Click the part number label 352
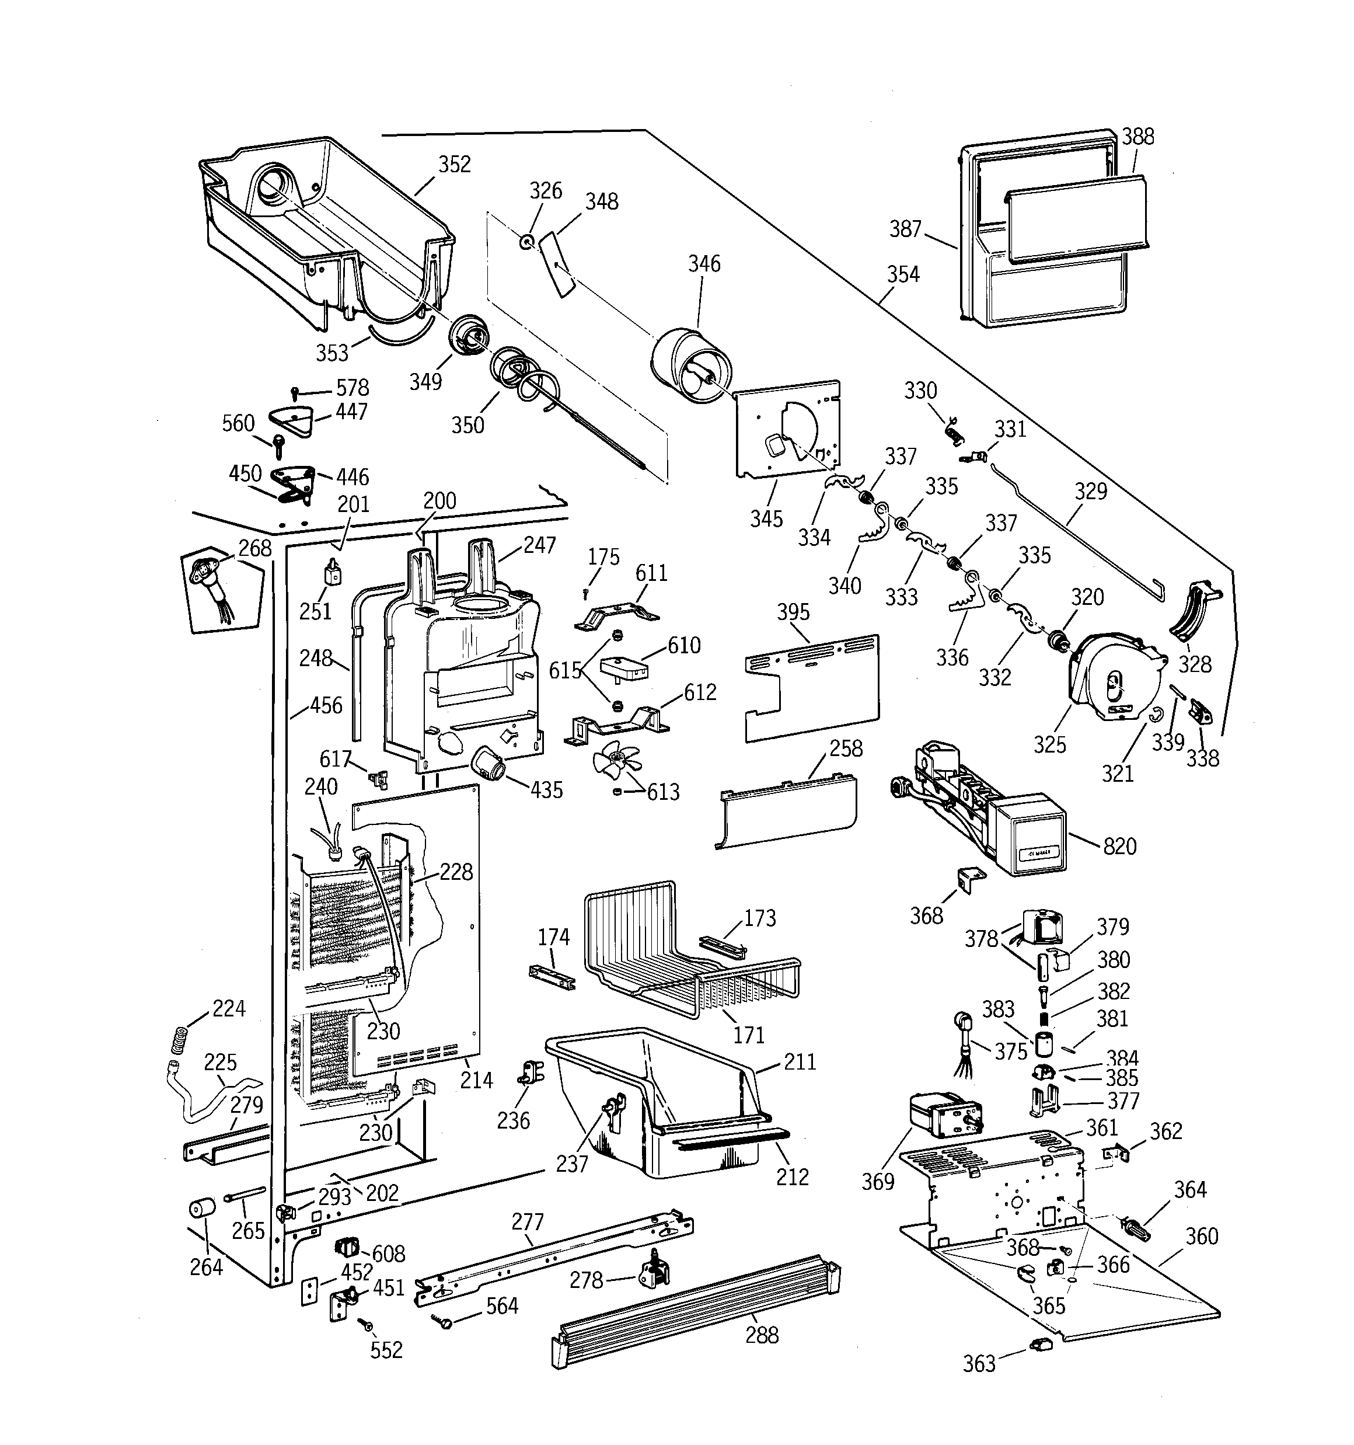tap(454, 164)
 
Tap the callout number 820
tap(1119, 846)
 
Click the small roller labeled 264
tap(203, 1210)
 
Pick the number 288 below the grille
tap(762, 1335)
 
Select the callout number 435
tap(546, 790)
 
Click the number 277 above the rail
tap(527, 1222)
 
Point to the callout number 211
tap(800, 1062)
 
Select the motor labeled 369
tap(945, 1116)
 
